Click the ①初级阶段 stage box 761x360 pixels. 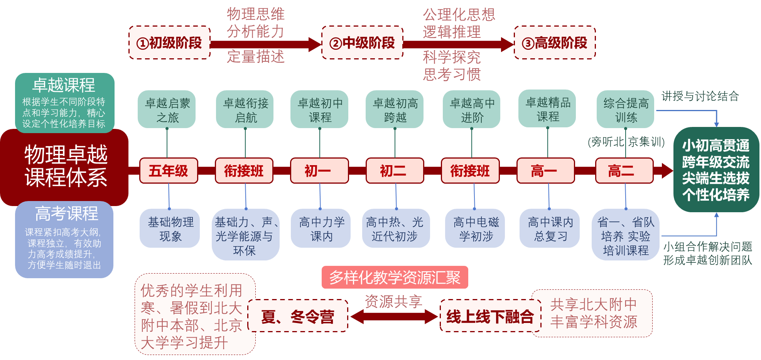(x=169, y=42)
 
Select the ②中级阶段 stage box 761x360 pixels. (x=362, y=42)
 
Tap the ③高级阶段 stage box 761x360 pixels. (x=555, y=42)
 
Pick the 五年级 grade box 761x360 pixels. (x=169, y=171)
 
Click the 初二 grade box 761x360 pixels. (x=395, y=171)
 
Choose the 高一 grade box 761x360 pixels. (x=545, y=171)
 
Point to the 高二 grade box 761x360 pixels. (x=624, y=171)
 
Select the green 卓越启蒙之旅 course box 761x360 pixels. (x=167, y=110)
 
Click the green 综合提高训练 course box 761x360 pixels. (x=625, y=110)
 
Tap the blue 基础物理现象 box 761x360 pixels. (x=170, y=228)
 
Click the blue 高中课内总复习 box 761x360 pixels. (x=550, y=228)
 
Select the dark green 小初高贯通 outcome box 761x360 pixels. (x=716, y=170)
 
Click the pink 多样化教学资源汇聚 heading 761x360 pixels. (x=395, y=277)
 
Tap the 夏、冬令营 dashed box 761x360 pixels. (x=298, y=316)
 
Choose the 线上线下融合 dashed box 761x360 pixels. (x=489, y=316)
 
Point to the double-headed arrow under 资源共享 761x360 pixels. (x=394, y=317)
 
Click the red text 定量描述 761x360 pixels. (x=255, y=57)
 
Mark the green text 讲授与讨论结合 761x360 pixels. (x=700, y=96)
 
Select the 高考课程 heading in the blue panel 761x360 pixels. (x=66, y=213)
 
